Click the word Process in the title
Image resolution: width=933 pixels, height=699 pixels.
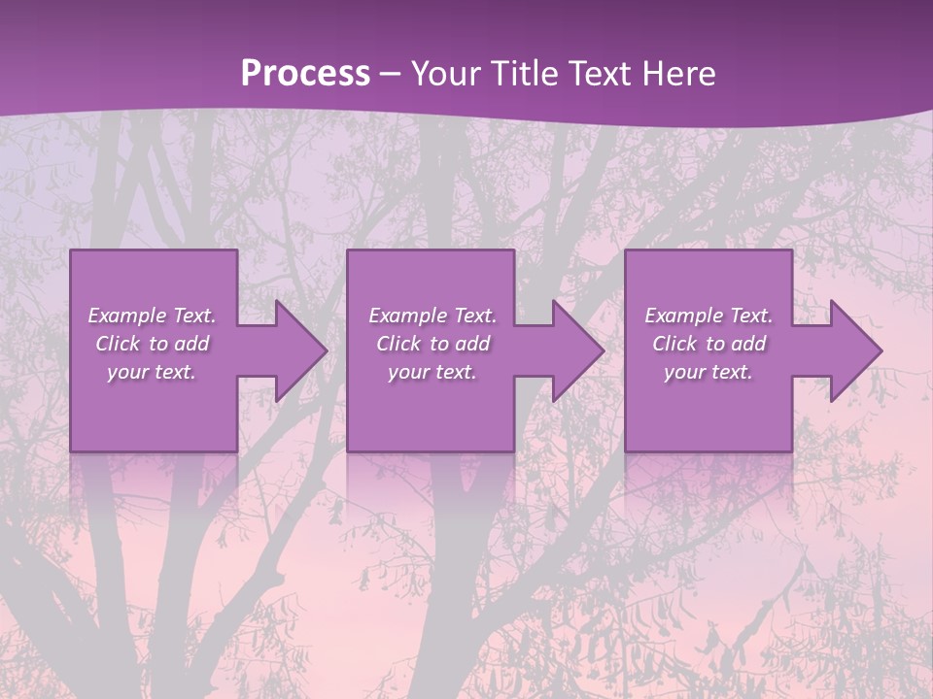click(305, 74)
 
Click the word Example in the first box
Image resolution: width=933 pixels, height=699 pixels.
click(127, 316)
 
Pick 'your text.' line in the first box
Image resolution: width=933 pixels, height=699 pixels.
click(152, 372)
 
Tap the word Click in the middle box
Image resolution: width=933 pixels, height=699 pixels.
click(398, 344)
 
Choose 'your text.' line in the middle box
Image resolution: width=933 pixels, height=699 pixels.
click(432, 372)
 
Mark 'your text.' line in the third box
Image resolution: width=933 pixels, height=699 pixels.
click(708, 372)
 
